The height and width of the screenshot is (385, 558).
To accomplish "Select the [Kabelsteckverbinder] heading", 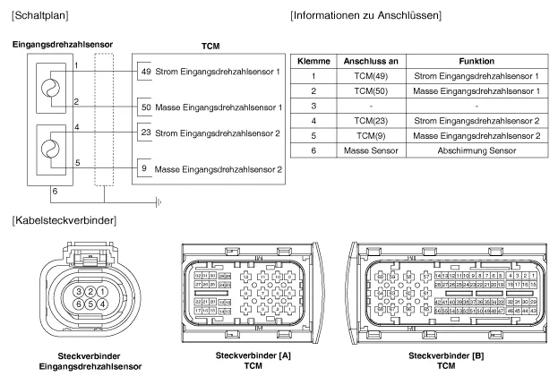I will (x=59, y=219).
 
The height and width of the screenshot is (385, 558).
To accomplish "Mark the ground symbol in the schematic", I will (x=159, y=201).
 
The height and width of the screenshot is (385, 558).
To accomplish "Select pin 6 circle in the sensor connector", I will (x=80, y=303).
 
